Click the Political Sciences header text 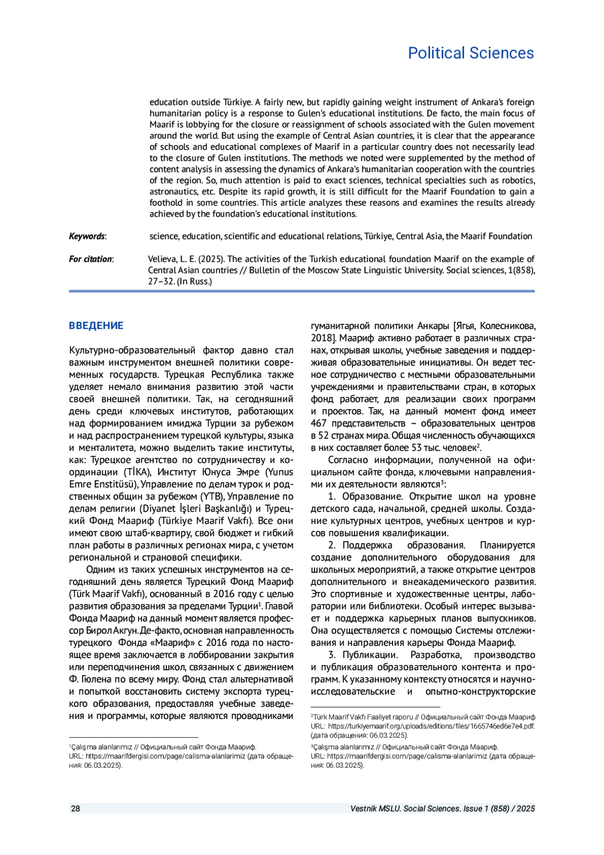[x=471, y=53]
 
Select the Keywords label [x=87, y=236]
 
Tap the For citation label [x=91, y=259]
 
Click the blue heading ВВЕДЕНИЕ [x=96, y=325]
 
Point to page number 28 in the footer [x=75, y=809]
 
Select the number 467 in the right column [x=319, y=423]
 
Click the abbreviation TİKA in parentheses [x=137, y=472]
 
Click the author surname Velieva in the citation [x=163, y=259]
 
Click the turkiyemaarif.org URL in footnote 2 [x=431, y=726]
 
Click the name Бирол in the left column [x=99, y=630]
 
